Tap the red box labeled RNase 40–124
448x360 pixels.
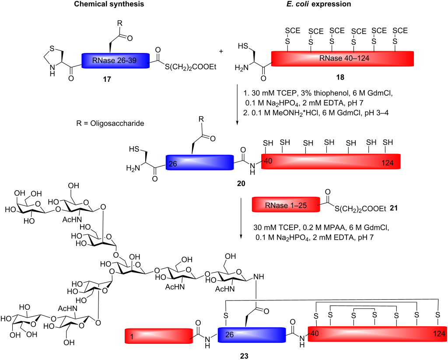342,59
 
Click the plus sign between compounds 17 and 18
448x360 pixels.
220,52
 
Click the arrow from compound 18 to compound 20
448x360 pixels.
237,105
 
